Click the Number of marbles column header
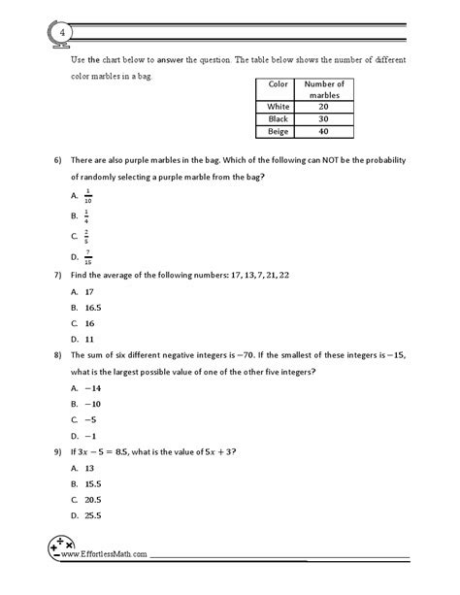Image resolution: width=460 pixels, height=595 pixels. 326,89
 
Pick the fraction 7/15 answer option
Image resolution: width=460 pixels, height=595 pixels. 87,256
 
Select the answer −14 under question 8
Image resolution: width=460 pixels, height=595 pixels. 90,386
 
